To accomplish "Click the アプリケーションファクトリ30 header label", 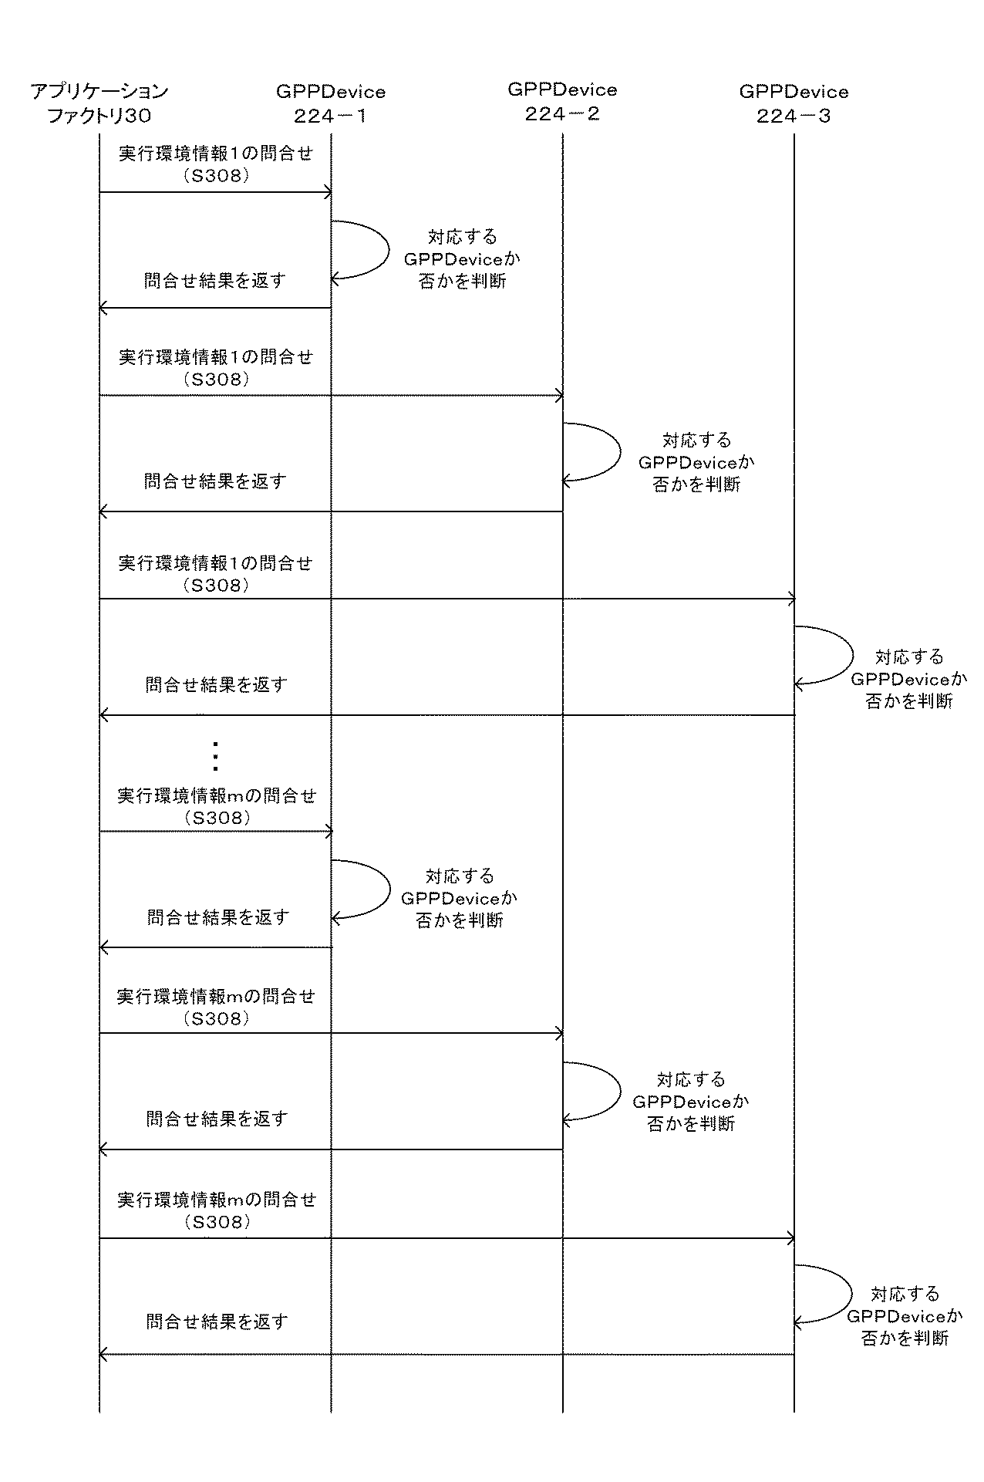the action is click(99, 103).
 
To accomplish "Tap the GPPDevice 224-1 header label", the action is click(331, 103).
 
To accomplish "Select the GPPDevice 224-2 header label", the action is click(562, 102).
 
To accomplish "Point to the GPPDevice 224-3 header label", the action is click(794, 103).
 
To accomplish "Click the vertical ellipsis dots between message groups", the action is click(215, 756).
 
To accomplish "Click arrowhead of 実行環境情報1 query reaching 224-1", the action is click(328, 192).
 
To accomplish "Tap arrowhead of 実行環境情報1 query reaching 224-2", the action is click(559, 396).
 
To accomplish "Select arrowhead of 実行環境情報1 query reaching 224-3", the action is click(790, 599).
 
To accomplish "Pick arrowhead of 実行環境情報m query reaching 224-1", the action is click(328, 832).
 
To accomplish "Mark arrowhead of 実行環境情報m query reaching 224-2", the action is click(559, 1033).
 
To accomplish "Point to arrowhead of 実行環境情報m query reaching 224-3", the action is click(790, 1238).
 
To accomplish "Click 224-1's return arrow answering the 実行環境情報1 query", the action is click(215, 308).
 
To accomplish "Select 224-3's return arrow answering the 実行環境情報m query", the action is click(447, 1354).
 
